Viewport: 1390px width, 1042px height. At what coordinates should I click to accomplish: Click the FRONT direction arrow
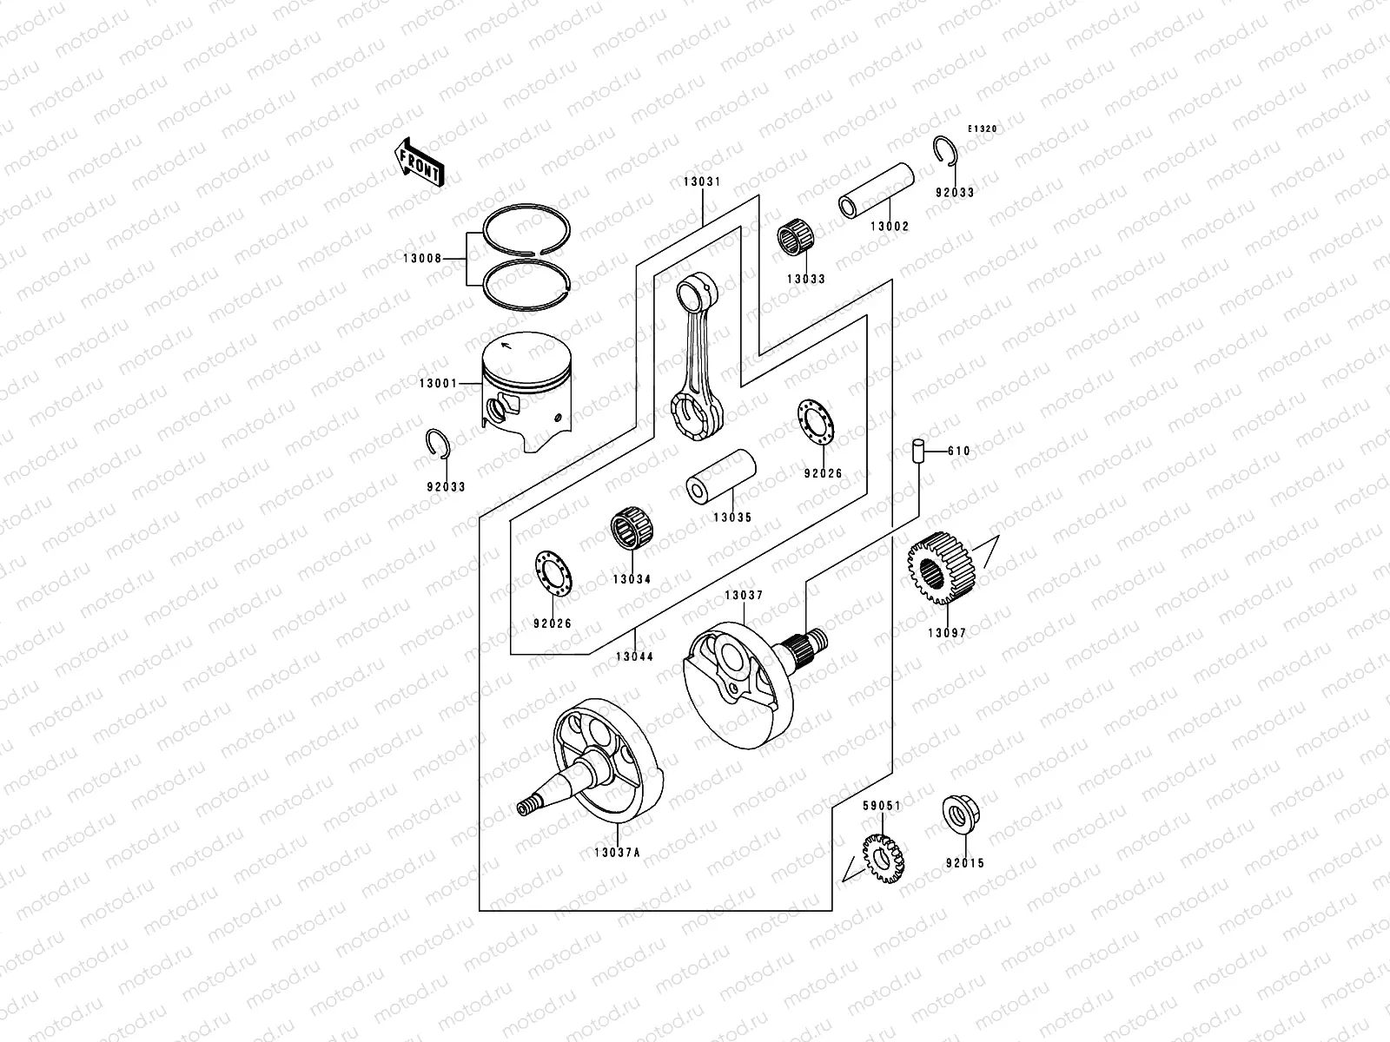(x=421, y=162)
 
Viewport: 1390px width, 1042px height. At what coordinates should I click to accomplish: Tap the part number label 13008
(x=422, y=258)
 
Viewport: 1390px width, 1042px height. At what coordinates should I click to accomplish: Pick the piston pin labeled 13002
(x=877, y=191)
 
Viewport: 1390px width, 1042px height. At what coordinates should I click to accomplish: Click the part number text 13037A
(x=617, y=853)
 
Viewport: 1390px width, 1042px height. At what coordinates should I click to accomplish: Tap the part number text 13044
(x=635, y=656)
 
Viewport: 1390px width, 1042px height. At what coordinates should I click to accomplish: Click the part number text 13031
(x=701, y=182)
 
